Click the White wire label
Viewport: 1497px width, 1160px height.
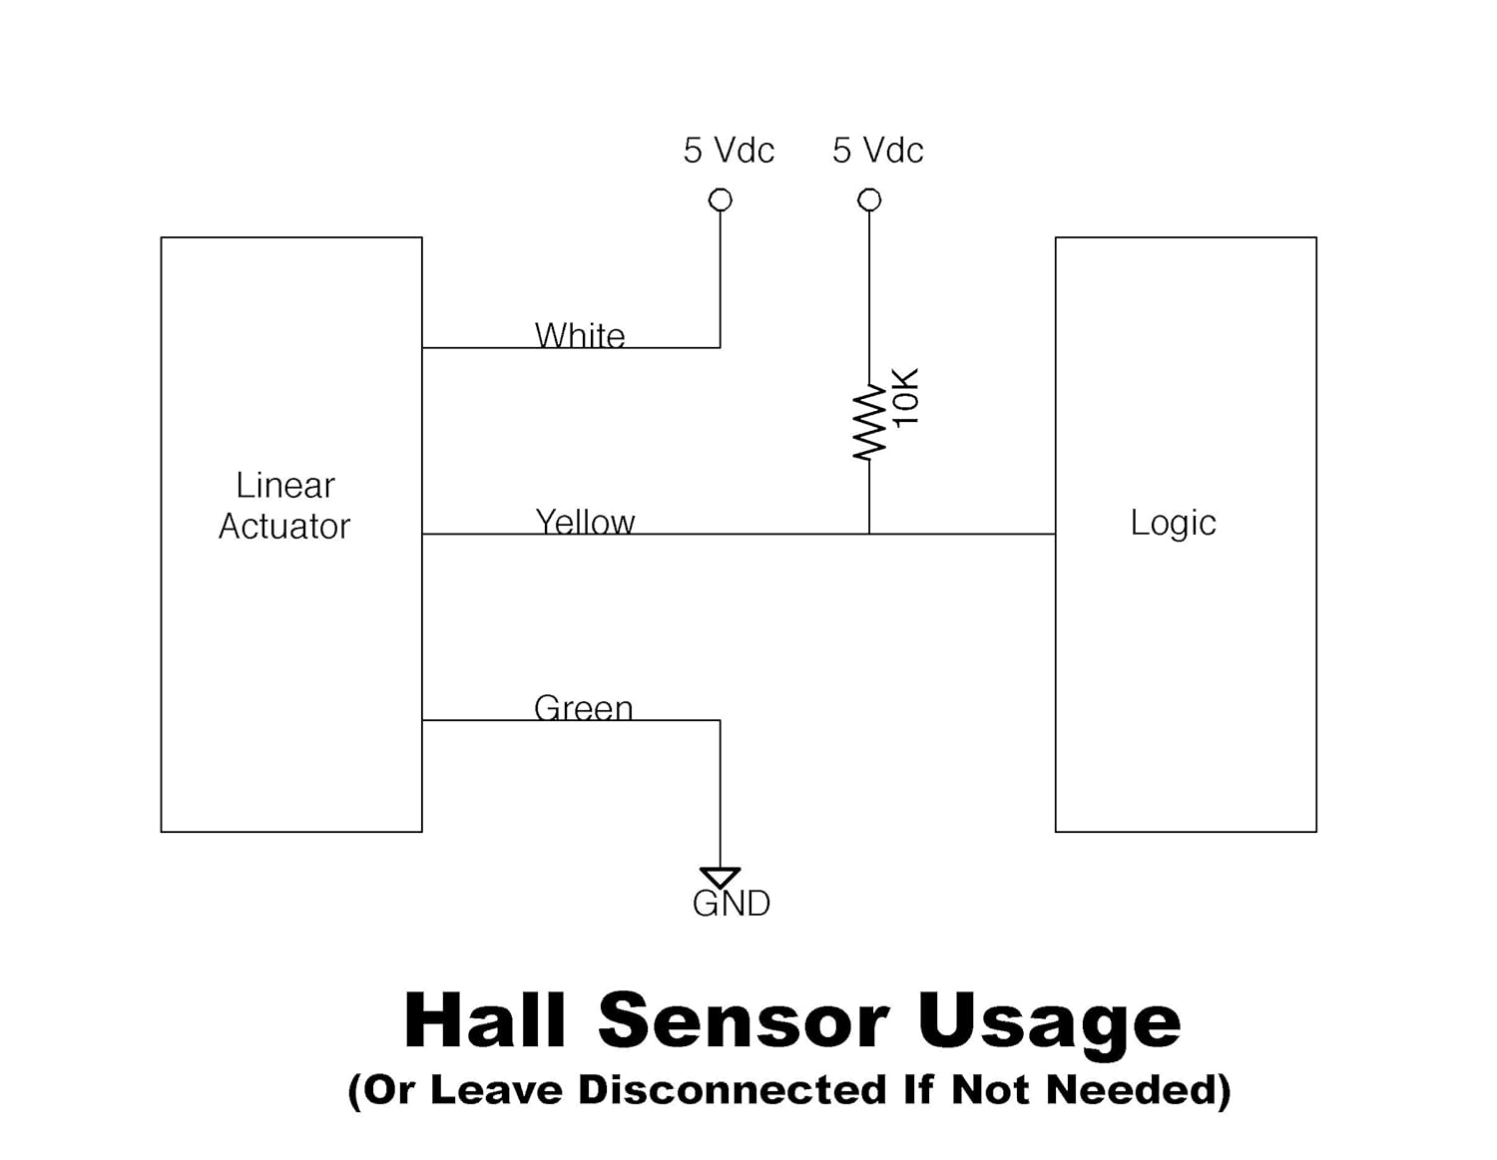(580, 335)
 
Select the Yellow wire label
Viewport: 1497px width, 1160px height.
(585, 522)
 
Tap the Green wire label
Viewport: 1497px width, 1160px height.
(584, 707)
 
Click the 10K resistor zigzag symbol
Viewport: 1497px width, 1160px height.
(869, 422)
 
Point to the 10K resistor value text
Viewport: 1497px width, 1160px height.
(905, 398)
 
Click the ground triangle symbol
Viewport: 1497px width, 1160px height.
(720, 878)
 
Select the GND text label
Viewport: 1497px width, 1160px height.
(732, 904)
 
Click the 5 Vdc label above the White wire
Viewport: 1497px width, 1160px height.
(729, 151)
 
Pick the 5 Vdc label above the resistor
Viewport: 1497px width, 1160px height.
(878, 151)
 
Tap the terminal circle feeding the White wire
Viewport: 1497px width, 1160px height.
(720, 200)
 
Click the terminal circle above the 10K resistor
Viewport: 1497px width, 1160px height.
(869, 200)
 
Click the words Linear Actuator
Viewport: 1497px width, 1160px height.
(284, 506)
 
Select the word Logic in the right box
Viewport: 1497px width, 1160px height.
(1173, 523)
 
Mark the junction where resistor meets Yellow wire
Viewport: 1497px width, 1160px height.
(869, 534)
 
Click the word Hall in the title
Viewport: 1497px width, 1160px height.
(485, 1020)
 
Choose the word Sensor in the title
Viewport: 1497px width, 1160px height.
(743, 1020)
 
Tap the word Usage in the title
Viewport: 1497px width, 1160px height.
(1048, 1022)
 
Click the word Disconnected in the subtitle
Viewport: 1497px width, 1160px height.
(733, 1089)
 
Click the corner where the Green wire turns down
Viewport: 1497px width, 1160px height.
(720, 720)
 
